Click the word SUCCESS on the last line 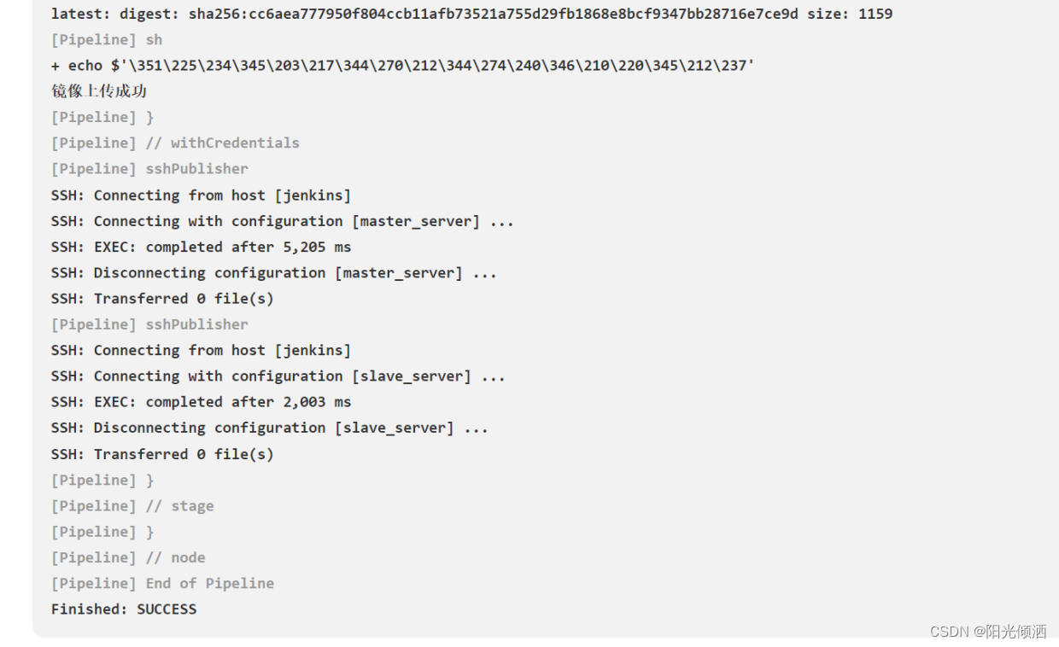coord(167,609)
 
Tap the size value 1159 coord(875,14)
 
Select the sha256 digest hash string coord(494,14)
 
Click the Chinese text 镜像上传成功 coord(99,91)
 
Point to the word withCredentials coord(235,143)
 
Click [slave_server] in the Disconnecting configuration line coord(395,428)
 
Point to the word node coord(188,557)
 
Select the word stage coord(192,506)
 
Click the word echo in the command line coord(85,66)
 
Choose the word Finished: coord(90,609)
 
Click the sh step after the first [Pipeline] coord(154,40)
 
